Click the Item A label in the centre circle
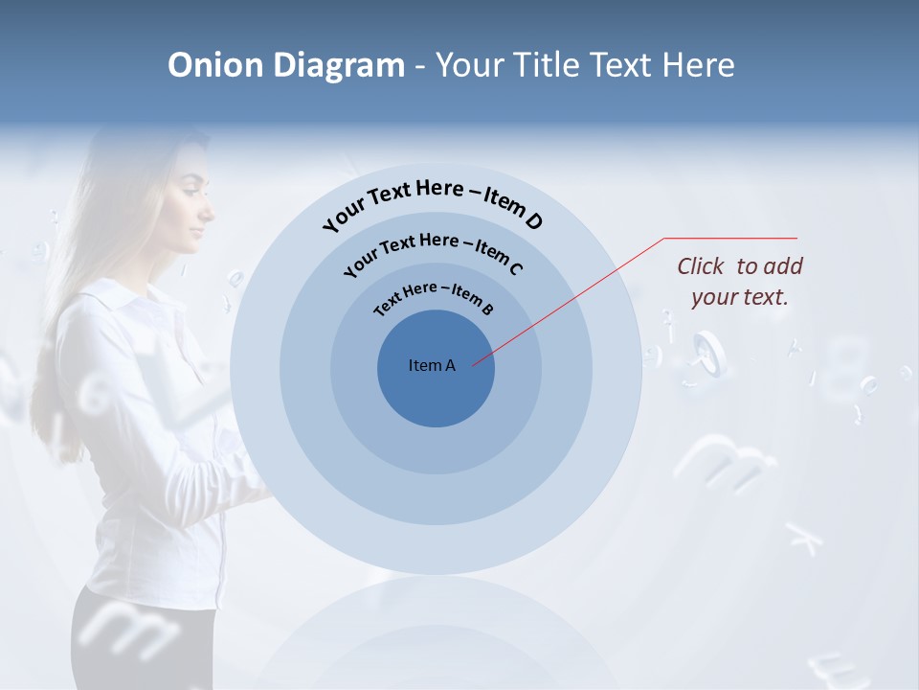pyautogui.click(x=432, y=365)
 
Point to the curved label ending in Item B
pyautogui.click(x=434, y=296)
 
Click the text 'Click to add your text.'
pyautogui.click(x=739, y=282)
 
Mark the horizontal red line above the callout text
pyautogui.click(x=730, y=238)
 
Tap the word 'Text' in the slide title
pyautogui.click(x=619, y=65)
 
